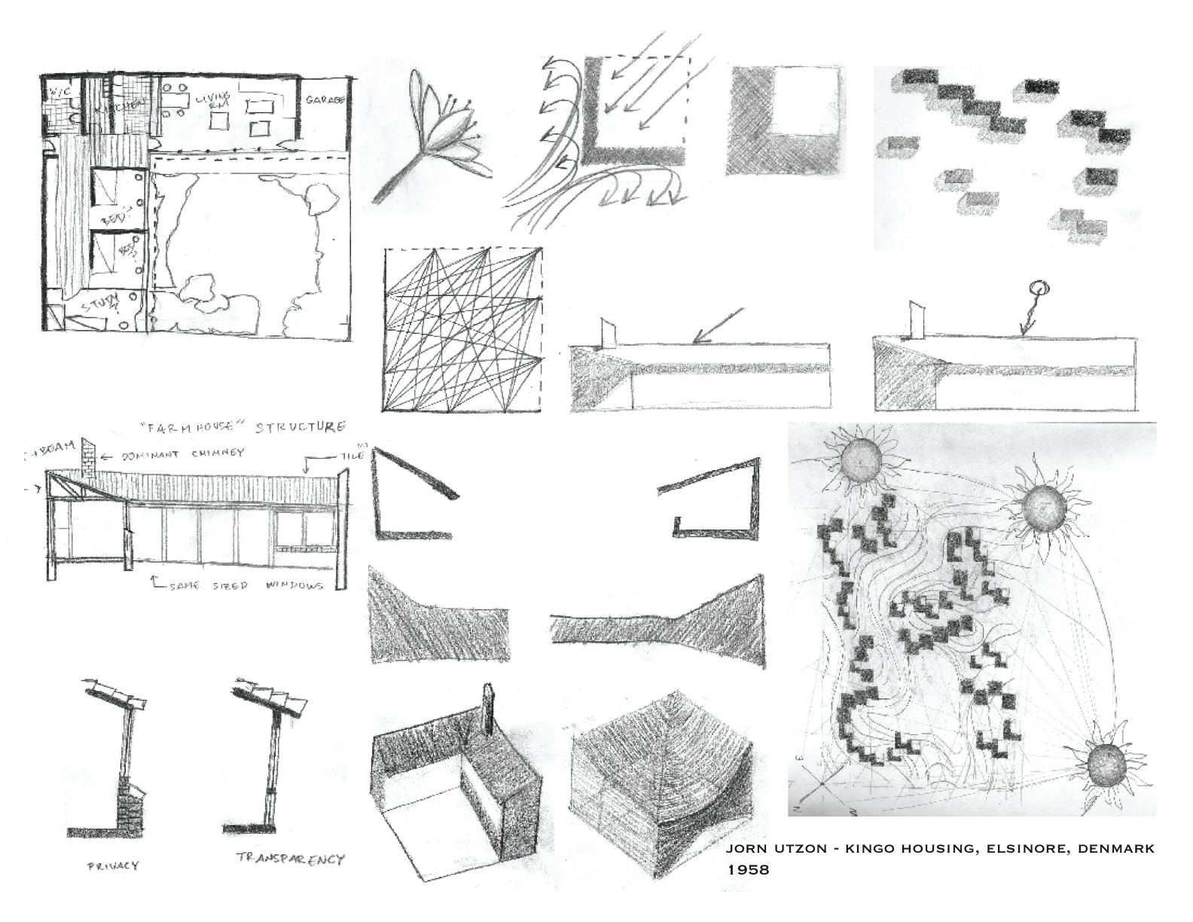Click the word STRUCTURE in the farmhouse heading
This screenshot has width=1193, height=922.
coord(301,427)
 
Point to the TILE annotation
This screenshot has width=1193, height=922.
coord(352,455)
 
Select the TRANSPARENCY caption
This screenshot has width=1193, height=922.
coord(289,859)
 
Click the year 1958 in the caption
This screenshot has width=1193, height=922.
coord(748,869)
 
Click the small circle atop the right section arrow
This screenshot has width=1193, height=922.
coord(1037,287)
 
